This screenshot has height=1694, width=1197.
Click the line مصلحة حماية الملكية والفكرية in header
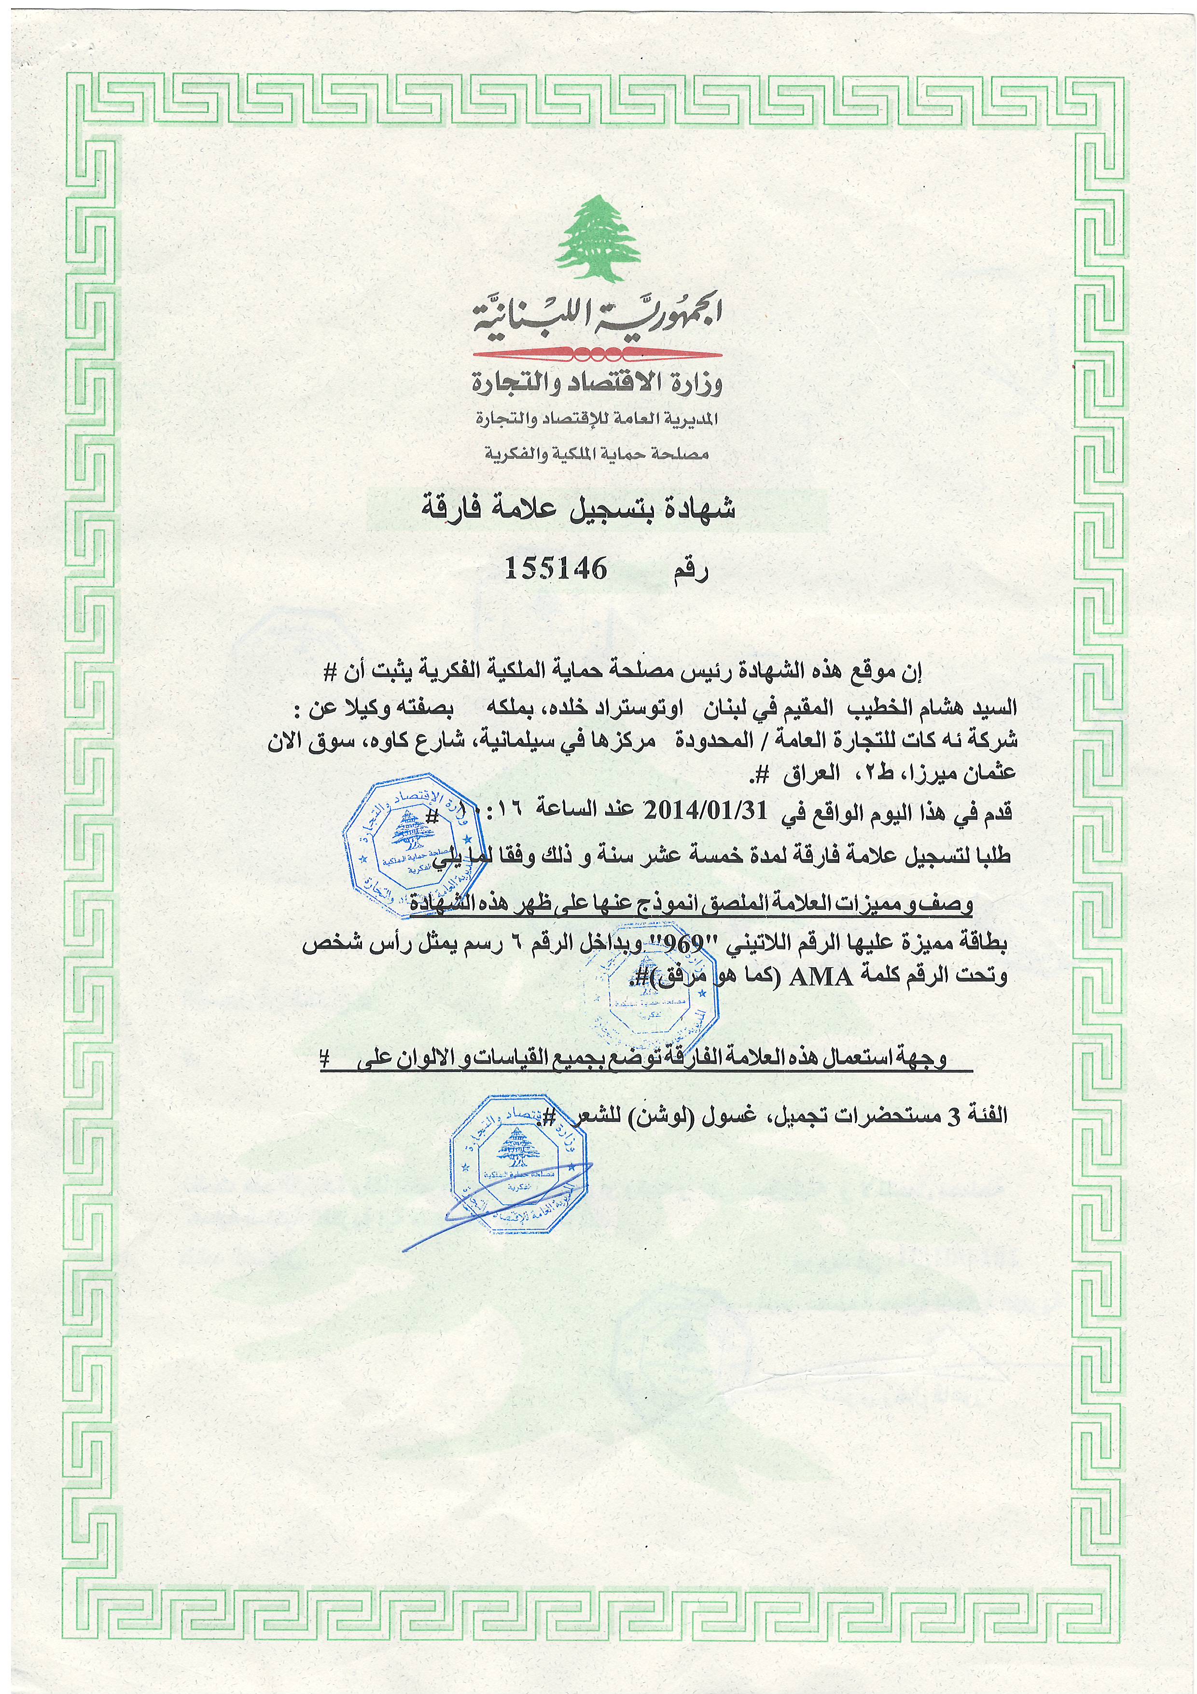coord(596,454)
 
